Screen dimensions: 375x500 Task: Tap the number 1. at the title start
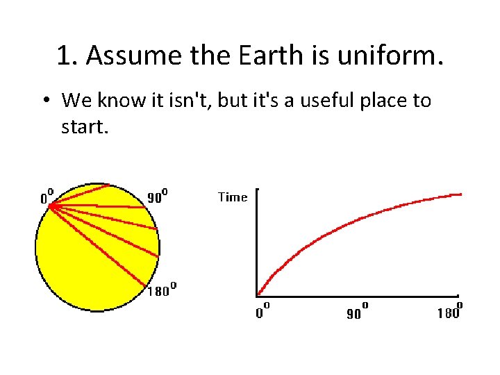[67, 56]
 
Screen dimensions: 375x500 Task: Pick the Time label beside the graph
[233, 197]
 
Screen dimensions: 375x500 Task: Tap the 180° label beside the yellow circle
[161, 290]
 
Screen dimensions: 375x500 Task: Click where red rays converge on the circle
[51, 205]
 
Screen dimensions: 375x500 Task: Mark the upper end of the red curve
[461, 194]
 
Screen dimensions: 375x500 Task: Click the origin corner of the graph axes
[258, 297]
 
